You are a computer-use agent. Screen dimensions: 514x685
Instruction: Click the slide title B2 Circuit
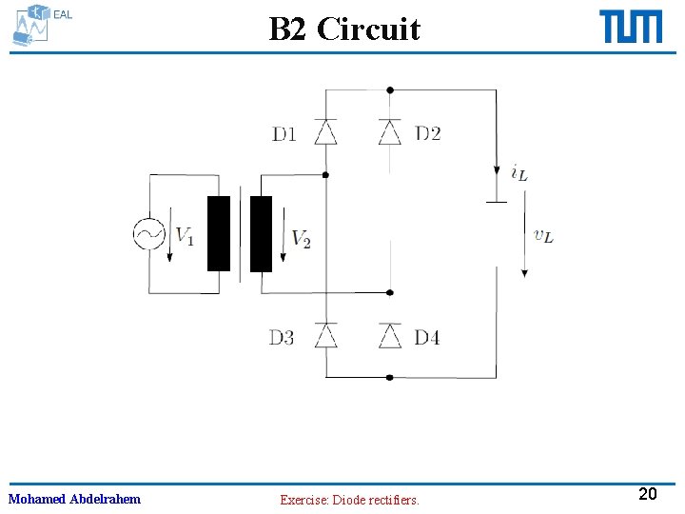coord(343,29)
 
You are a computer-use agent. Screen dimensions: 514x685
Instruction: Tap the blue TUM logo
coord(631,27)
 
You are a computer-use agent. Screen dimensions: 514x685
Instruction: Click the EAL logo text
coord(62,14)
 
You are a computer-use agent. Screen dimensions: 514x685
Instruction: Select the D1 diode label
coord(284,133)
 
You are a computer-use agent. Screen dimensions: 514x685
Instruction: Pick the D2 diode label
coord(428,133)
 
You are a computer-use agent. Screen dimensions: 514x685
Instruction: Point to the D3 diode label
coord(282,337)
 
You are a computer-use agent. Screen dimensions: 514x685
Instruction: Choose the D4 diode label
coord(427,337)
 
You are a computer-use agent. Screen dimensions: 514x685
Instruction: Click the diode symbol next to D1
coord(326,132)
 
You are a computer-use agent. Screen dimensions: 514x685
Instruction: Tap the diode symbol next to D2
coord(390,132)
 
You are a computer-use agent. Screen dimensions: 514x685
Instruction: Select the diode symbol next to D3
coord(326,336)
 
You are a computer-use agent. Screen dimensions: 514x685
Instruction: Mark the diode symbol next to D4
coord(390,336)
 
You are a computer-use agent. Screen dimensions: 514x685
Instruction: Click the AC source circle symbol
coord(148,234)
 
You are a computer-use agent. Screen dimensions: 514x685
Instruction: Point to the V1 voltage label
coord(185,235)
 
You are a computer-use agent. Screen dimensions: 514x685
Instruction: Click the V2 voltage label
coord(301,238)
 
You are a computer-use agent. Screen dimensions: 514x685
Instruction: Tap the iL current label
coord(519,172)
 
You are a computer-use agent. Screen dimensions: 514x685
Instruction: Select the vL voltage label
coord(543,235)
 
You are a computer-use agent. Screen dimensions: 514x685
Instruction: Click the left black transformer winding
coord(219,234)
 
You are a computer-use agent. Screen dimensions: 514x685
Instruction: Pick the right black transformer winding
coord(261,234)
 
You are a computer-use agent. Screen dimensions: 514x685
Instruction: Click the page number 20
coord(648,494)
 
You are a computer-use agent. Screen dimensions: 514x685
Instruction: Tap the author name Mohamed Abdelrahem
coord(74,499)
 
